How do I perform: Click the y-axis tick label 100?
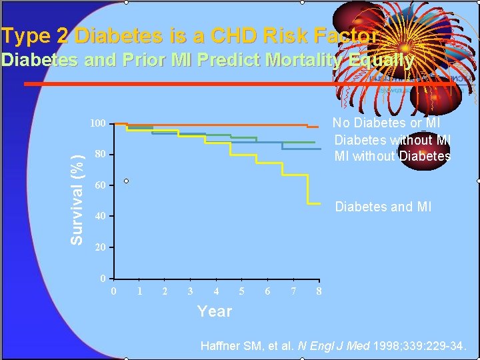point(98,124)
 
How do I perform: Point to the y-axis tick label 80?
point(100,155)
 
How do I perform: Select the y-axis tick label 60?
point(100,185)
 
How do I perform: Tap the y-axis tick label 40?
point(100,217)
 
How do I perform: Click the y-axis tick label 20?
point(100,247)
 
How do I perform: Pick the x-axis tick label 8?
point(319,291)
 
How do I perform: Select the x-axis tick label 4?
point(216,291)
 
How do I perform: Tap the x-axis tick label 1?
point(139,291)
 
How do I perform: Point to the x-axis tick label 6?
point(267,291)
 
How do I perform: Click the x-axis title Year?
point(214,311)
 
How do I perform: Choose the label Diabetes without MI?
point(393,140)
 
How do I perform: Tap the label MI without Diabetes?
point(392,157)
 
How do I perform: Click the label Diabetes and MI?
point(383,207)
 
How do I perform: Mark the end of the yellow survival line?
point(322,203)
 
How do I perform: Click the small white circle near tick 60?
point(125,181)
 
